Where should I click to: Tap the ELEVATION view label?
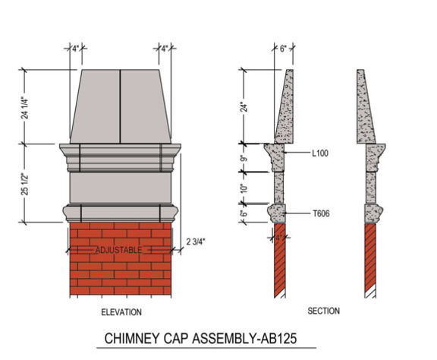click(121, 312)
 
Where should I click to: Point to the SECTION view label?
click(323, 311)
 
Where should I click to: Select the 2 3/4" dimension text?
click(196, 242)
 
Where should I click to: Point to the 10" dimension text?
click(244, 188)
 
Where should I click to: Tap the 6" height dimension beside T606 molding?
click(244, 214)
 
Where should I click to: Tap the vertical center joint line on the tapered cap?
click(120, 106)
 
